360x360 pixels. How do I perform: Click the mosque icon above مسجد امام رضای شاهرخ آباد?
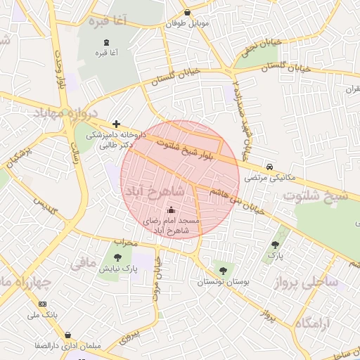click(172, 210)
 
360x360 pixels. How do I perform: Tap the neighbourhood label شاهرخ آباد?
click(153, 191)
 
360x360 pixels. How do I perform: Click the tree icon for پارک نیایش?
click(117, 257)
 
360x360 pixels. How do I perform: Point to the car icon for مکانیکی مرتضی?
click(270, 167)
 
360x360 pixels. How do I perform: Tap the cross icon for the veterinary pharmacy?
click(116, 124)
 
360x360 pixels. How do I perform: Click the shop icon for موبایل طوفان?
click(186, 13)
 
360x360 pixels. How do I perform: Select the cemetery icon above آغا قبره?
click(106, 41)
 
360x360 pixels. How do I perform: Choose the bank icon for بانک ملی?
click(43, 303)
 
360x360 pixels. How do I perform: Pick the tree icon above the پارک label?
click(275, 245)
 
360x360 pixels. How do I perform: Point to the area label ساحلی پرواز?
click(314, 283)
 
